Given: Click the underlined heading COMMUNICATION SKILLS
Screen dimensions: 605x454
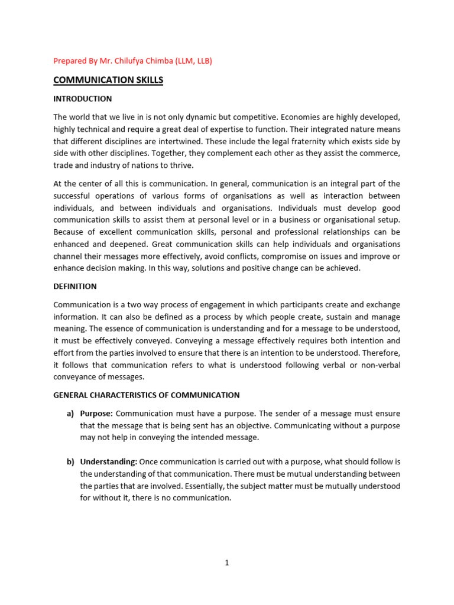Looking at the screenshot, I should (x=108, y=80).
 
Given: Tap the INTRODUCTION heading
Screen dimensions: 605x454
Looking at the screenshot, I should (x=82, y=99).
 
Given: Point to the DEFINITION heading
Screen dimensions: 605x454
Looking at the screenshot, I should (x=75, y=286).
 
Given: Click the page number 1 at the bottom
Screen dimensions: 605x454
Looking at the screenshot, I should (x=226, y=562).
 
